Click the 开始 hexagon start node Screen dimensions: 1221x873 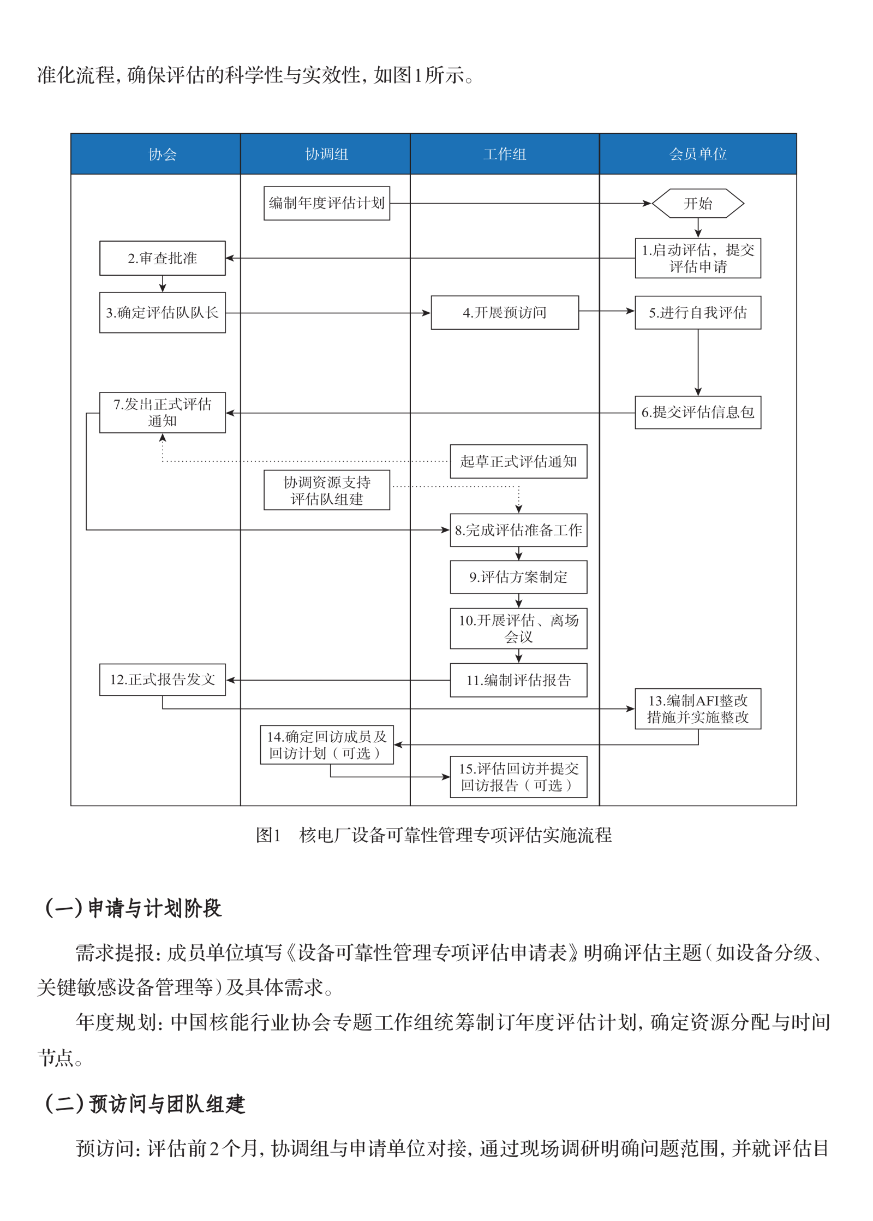point(697,204)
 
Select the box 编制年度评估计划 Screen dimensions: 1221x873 point(326,204)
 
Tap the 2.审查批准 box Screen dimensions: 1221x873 point(162,258)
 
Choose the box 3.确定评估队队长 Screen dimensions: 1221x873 point(162,313)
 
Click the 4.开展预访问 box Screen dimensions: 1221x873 point(504,313)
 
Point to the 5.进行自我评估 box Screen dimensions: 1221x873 point(697,313)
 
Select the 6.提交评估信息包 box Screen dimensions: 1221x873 point(697,413)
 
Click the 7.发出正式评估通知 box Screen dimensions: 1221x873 point(162,413)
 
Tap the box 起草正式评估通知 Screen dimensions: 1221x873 point(518,462)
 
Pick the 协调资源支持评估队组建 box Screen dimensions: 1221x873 point(326,490)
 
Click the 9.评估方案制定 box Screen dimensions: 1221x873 point(518,577)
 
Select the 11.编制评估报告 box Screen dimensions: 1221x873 point(518,680)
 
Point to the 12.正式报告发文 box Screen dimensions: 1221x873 point(162,680)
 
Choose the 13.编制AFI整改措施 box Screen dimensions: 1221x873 point(697,709)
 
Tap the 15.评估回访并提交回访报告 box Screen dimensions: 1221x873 point(518,777)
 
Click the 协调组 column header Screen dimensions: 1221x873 point(326,154)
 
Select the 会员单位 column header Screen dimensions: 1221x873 point(697,154)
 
